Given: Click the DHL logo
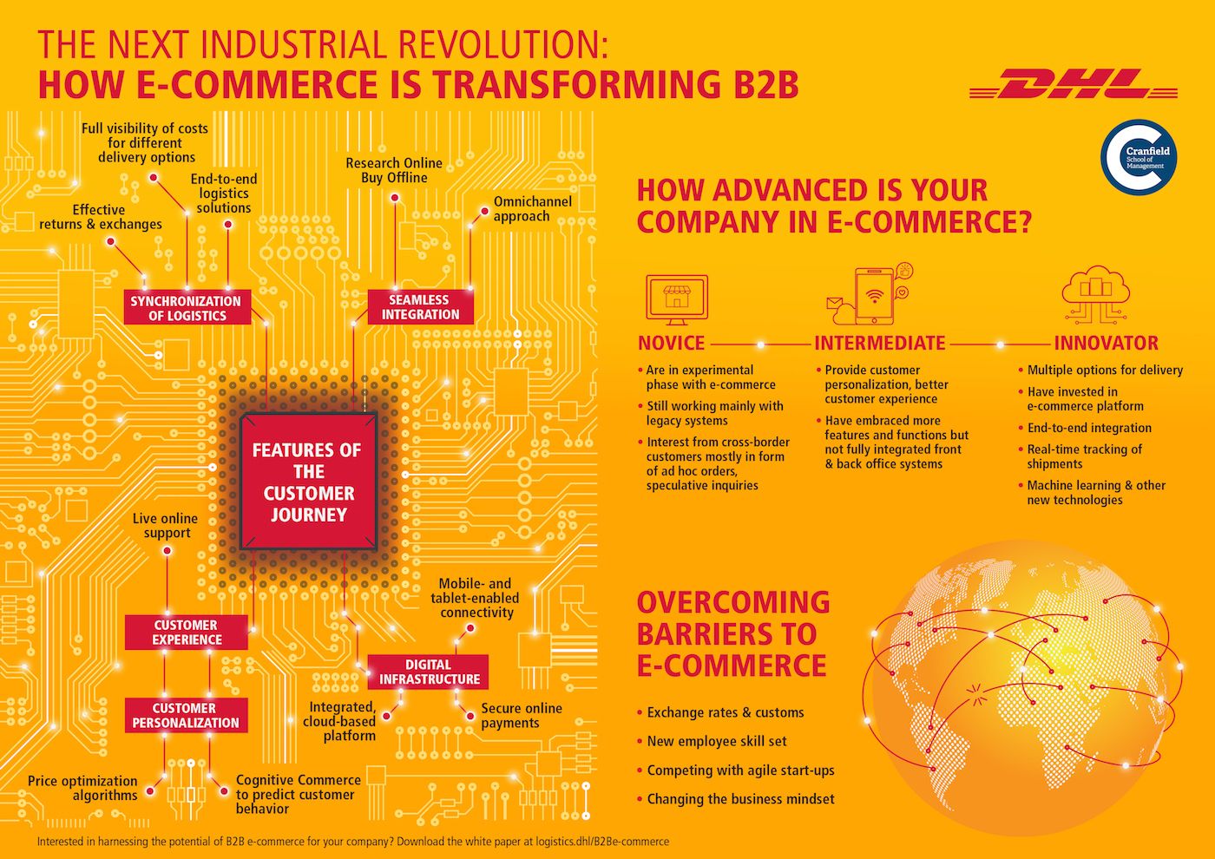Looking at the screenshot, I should click(1073, 85).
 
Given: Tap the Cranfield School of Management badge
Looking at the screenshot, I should click(1138, 157).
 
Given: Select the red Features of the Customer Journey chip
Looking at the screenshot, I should click(307, 482).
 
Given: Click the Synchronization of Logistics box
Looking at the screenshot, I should click(187, 308).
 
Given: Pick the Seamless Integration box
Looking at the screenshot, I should click(420, 306).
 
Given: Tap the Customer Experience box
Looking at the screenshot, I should click(187, 632).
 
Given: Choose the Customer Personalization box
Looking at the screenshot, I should click(186, 715).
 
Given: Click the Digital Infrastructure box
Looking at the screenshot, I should click(429, 672).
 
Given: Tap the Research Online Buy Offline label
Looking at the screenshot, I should click(394, 170).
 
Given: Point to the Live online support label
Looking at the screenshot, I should click(166, 526).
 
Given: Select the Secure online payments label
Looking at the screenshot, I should click(521, 716).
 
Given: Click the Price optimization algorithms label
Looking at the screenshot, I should click(83, 788).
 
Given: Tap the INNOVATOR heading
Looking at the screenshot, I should click(1106, 343).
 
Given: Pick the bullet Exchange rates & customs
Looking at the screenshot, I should click(725, 712).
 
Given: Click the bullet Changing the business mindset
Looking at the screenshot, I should click(740, 799).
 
